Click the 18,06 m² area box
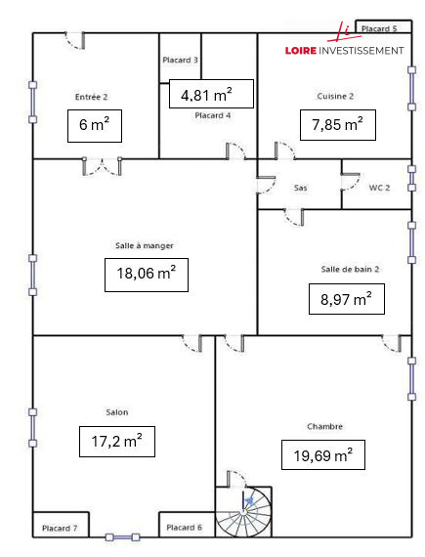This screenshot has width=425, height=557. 147,275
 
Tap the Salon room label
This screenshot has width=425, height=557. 117,412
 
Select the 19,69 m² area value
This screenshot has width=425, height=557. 323,455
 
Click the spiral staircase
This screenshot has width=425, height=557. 243,511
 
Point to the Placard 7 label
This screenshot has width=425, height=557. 60,529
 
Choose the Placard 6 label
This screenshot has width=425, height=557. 184,527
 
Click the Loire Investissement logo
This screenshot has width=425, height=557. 344,41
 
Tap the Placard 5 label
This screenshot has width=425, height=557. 379,28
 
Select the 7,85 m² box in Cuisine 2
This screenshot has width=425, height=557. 338,125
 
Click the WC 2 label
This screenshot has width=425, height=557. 379,188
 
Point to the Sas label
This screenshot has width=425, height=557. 300,188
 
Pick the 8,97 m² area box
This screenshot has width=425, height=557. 347,299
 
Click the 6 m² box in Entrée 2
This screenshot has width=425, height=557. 95,126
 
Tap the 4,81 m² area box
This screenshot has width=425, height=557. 211,94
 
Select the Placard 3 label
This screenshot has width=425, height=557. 180,60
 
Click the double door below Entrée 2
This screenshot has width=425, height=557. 103,166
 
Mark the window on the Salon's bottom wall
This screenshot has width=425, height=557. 122,537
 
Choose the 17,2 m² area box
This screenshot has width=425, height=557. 117,441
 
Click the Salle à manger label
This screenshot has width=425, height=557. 145,245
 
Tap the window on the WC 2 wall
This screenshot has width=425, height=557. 411,178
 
